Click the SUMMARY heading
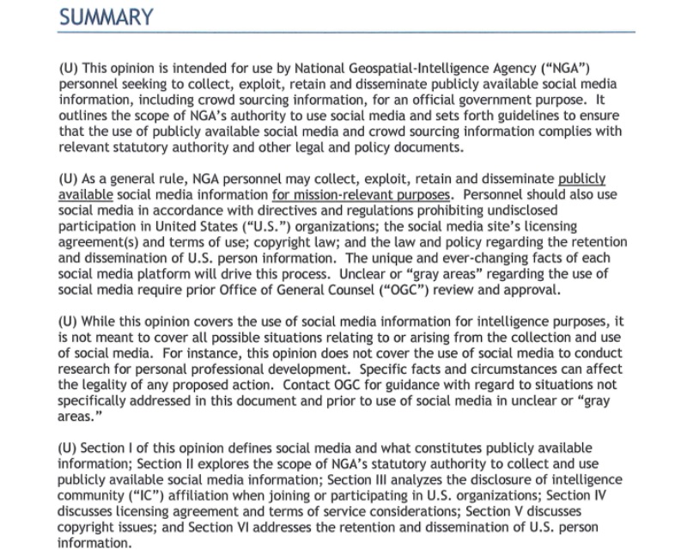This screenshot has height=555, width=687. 106,16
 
